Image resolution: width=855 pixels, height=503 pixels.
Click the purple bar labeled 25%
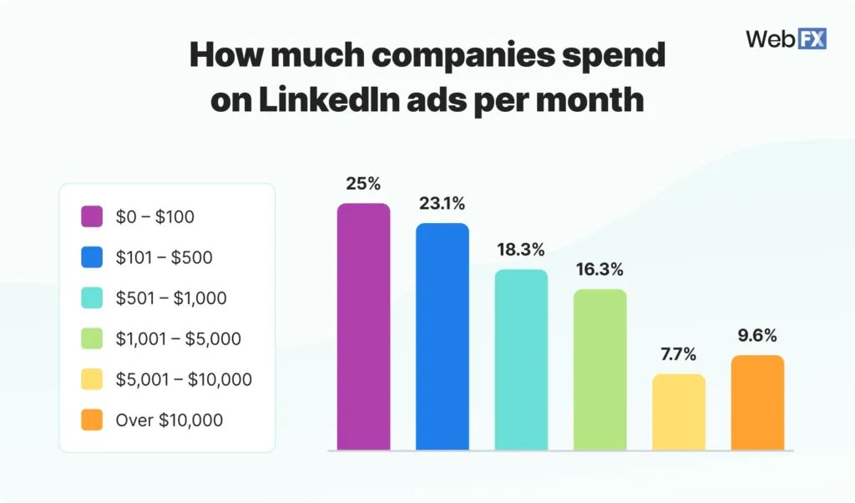coord(363,327)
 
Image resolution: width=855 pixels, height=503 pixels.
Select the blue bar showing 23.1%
coord(442,337)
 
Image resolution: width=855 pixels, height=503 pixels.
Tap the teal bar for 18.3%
coord(521,360)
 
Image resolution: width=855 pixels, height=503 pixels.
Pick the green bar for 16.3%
coord(600,369)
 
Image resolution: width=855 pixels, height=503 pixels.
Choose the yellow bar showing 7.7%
coord(678,412)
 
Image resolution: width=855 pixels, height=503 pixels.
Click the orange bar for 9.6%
coord(757,403)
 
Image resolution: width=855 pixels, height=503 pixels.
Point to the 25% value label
coord(363,184)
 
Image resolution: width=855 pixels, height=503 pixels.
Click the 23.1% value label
coord(442,204)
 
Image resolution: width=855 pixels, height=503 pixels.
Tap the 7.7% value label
coord(678,354)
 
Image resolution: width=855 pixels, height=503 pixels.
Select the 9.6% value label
coord(757,336)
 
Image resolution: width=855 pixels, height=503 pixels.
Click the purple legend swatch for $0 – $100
coord(92,217)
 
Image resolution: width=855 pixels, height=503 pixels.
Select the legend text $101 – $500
coord(164,257)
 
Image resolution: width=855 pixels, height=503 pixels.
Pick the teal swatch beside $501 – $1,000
coord(92,298)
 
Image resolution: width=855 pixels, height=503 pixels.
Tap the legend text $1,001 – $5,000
coord(178,339)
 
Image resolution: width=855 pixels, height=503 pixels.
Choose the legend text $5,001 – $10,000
coord(184,379)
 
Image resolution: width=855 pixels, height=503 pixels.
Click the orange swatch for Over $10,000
coord(92,420)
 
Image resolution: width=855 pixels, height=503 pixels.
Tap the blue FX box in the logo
coord(812,38)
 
